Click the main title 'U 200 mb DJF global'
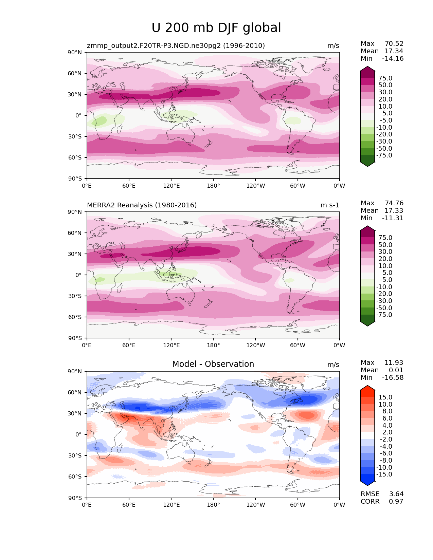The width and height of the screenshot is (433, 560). [x=216, y=28]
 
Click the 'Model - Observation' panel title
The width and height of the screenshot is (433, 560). [x=213, y=364]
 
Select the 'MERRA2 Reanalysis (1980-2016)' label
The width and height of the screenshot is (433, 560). [x=142, y=205]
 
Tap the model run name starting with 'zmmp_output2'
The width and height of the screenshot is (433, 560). [x=176, y=46]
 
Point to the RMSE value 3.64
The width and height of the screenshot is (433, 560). [x=396, y=494]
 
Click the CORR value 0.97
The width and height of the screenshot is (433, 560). [x=396, y=502]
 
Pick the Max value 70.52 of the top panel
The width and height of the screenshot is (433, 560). [x=394, y=44]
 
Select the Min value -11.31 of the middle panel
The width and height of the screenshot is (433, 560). [x=393, y=218]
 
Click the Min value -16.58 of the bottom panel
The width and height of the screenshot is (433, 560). [x=393, y=378]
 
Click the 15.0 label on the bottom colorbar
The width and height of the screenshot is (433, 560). [x=385, y=397]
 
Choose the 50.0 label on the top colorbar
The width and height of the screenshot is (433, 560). [x=385, y=85]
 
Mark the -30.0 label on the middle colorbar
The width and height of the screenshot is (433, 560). [x=384, y=301]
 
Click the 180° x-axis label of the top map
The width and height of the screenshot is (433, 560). [x=213, y=186]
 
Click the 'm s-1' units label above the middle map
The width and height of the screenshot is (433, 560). [x=330, y=205]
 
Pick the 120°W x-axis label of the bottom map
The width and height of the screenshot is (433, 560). [x=255, y=505]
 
